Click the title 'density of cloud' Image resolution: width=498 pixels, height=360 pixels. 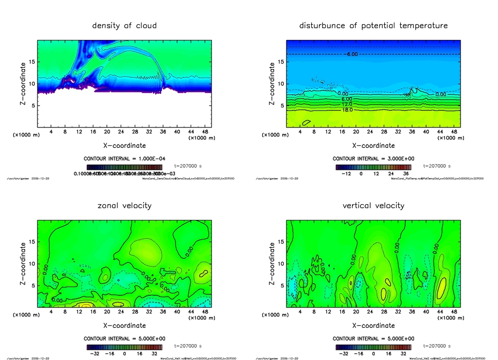tap(124, 26)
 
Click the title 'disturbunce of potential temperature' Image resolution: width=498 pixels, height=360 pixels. tap(373, 26)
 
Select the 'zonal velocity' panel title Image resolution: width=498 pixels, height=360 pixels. tap(124, 206)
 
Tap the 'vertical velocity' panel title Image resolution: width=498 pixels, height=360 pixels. tap(373, 206)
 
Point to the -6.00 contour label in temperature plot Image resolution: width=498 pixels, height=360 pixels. tap(351, 54)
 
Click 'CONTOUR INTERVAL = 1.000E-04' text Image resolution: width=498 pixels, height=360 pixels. tap(124, 159)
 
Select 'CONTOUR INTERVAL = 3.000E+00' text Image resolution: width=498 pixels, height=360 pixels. tap(373, 159)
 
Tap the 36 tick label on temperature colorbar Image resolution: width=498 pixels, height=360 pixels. tap(405, 173)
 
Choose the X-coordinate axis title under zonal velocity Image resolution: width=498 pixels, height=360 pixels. tap(124, 325)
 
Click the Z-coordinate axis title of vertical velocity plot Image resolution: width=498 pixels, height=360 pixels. tap(272, 263)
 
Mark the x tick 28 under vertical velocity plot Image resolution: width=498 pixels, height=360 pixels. tap(384, 312)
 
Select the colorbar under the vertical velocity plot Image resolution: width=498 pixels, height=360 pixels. tap(373, 347)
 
